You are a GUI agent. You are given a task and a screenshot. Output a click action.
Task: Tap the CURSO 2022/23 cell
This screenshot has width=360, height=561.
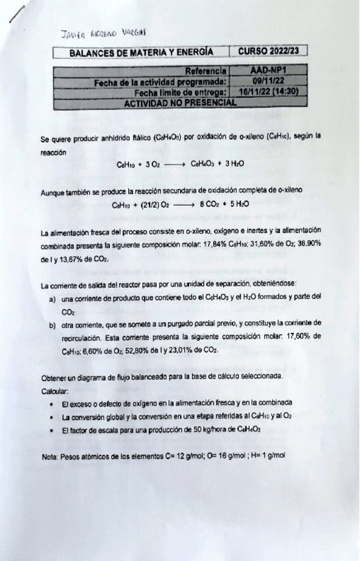[268, 50]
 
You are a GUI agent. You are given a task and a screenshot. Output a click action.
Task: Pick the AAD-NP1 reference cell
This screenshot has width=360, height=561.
[268, 69]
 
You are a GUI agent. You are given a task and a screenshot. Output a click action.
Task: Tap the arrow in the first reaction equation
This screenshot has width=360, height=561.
[172, 163]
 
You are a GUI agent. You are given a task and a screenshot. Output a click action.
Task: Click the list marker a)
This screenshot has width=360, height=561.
[52, 298]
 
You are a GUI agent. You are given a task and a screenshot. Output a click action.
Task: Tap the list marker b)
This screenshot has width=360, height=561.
[52, 324]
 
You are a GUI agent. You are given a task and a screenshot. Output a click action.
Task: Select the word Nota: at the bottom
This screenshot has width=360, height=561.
[50, 456]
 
